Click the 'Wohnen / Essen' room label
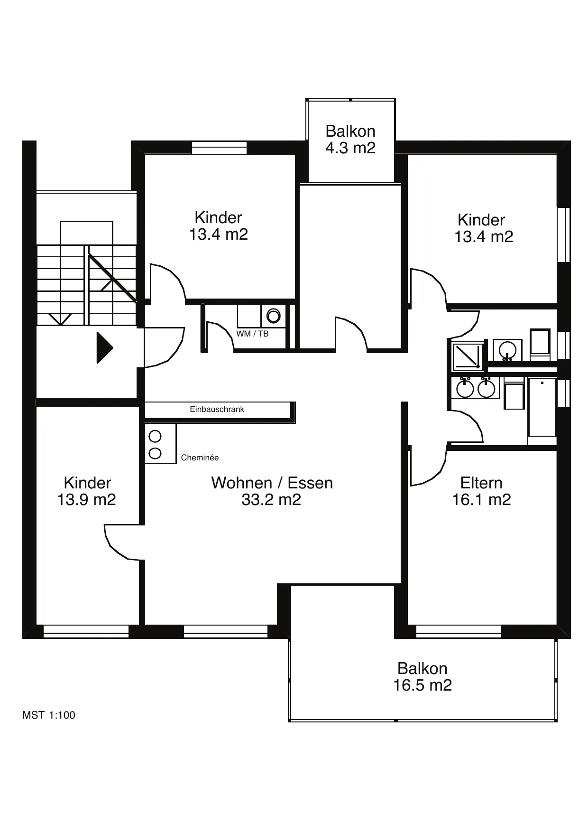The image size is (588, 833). click(272, 491)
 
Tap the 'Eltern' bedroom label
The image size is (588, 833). click(481, 491)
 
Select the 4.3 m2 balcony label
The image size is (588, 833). click(350, 139)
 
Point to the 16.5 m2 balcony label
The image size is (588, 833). click(423, 676)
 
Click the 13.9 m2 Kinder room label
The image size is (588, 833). click(87, 491)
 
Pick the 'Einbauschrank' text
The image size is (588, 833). click(217, 409)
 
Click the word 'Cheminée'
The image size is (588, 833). click(200, 458)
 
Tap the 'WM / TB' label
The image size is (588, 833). click(252, 334)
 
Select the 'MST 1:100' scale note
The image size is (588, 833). click(48, 715)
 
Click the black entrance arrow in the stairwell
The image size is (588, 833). click(104, 348)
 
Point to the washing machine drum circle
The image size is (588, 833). click(274, 316)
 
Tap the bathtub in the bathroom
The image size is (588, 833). click(542, 407)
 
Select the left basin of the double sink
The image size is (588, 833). click(465, 389)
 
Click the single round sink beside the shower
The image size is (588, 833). click(507, 350)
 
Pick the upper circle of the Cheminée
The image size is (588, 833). click(155, 436)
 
